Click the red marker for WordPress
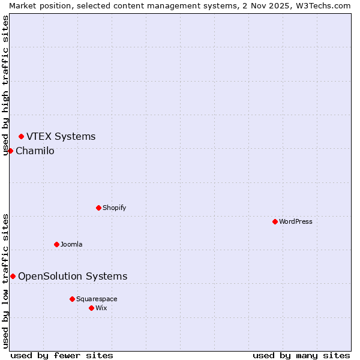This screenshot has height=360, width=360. (275, 221)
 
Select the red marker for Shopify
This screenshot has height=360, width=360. (98, 208)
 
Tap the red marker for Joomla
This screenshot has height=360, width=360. (56, 244)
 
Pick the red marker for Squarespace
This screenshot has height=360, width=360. (72, 299)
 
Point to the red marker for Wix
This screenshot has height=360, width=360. (91, 308)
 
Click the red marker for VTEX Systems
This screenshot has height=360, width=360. (21, 136)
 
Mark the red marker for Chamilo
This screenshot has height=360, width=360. (10, 151)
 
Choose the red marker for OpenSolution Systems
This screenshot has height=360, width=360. (13, 276)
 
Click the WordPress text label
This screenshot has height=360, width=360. (296, 221)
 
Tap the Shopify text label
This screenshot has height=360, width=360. (114, 208)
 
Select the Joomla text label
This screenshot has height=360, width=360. (71, 244)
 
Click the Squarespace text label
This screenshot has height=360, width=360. (97, 299)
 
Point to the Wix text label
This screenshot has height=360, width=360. (101, 308)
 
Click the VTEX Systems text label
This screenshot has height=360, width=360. (61, 136)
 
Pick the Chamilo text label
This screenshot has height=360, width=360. (35, 151)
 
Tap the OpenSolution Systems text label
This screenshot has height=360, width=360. (73, 276)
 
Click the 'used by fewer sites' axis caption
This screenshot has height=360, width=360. (62, 355)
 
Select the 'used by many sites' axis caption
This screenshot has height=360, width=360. (301, 355)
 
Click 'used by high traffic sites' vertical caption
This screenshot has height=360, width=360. (5, 85)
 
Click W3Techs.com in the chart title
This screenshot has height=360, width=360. (321, 5)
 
